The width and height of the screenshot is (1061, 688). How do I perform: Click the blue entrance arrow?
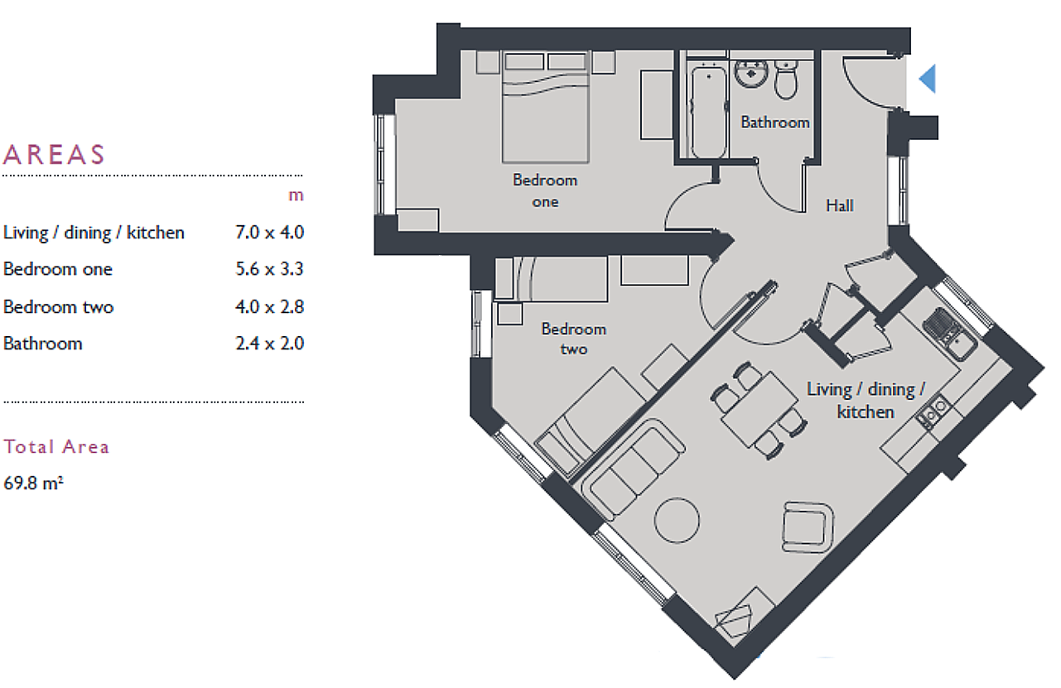928,79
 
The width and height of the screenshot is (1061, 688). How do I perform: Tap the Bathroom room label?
774,123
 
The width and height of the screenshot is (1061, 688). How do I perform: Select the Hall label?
839,205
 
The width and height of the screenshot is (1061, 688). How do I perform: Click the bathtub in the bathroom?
708,111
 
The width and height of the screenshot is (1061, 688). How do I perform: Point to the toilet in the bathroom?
786,79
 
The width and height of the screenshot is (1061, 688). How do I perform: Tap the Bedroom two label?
573,339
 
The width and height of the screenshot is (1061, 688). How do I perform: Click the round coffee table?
678,519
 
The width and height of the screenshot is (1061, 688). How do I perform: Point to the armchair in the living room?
808,527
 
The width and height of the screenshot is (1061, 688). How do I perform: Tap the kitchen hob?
933,411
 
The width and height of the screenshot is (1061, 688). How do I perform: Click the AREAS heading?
55,155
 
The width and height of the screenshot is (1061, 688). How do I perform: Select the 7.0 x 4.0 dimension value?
269,233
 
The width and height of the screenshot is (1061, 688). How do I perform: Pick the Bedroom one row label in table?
57,269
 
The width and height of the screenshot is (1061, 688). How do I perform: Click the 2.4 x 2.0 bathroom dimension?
269,344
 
